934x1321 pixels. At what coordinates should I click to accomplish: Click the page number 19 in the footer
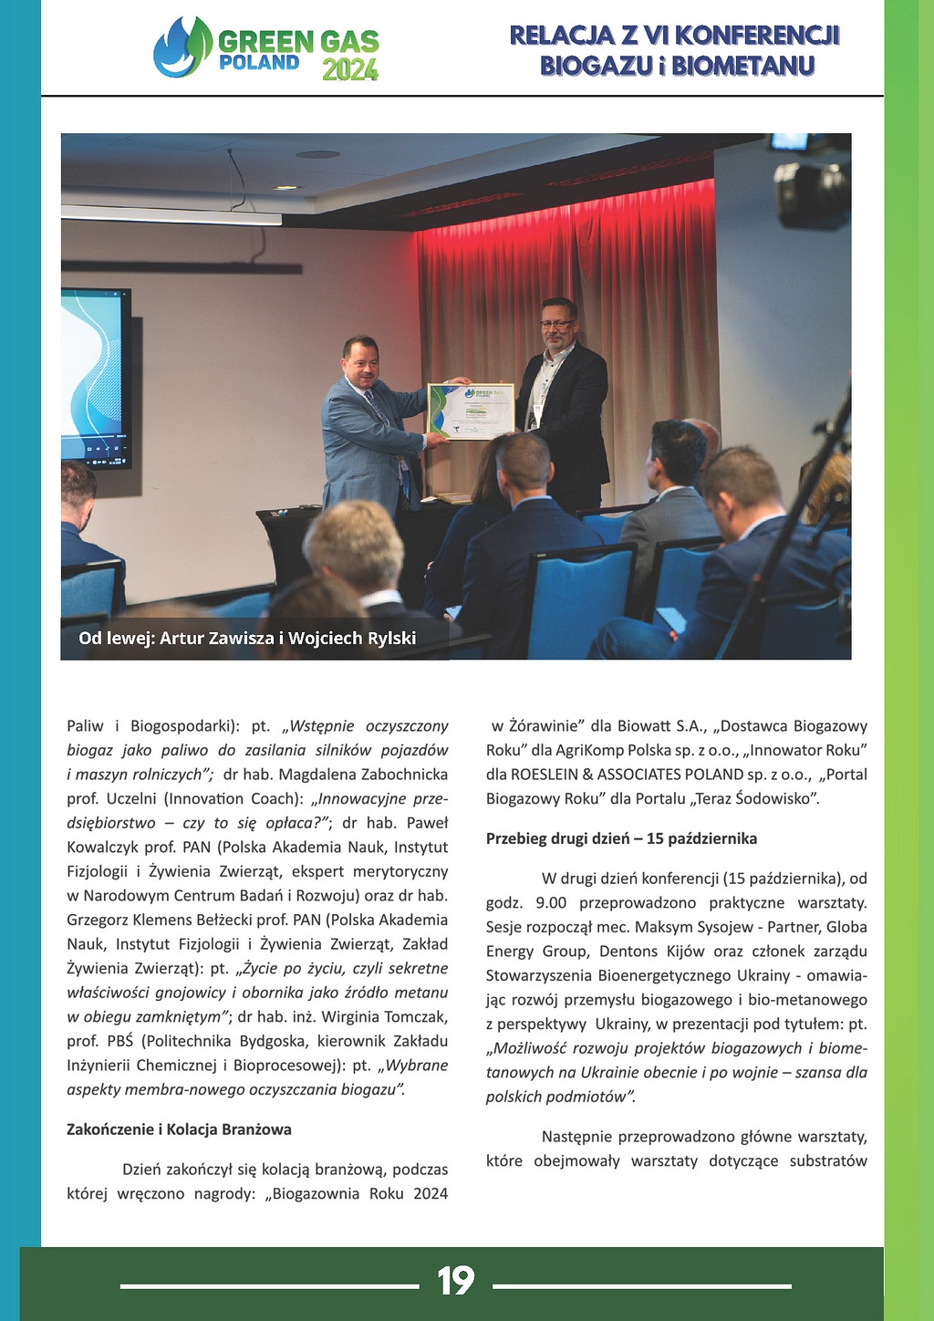[455, 1281]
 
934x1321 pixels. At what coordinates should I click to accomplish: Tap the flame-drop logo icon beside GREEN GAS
[182, 47]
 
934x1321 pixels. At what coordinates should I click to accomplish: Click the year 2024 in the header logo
[349, 69]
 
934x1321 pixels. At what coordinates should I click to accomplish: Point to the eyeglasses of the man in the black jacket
[555, 324]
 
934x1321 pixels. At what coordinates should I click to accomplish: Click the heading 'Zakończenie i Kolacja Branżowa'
[179, 1129]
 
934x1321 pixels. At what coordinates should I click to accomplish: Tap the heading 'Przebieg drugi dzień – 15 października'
[621, 838]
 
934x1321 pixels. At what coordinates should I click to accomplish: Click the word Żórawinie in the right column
[542, 726]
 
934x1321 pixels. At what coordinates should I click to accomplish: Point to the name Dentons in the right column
[635, 951]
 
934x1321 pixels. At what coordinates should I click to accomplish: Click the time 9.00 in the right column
[551, 902]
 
